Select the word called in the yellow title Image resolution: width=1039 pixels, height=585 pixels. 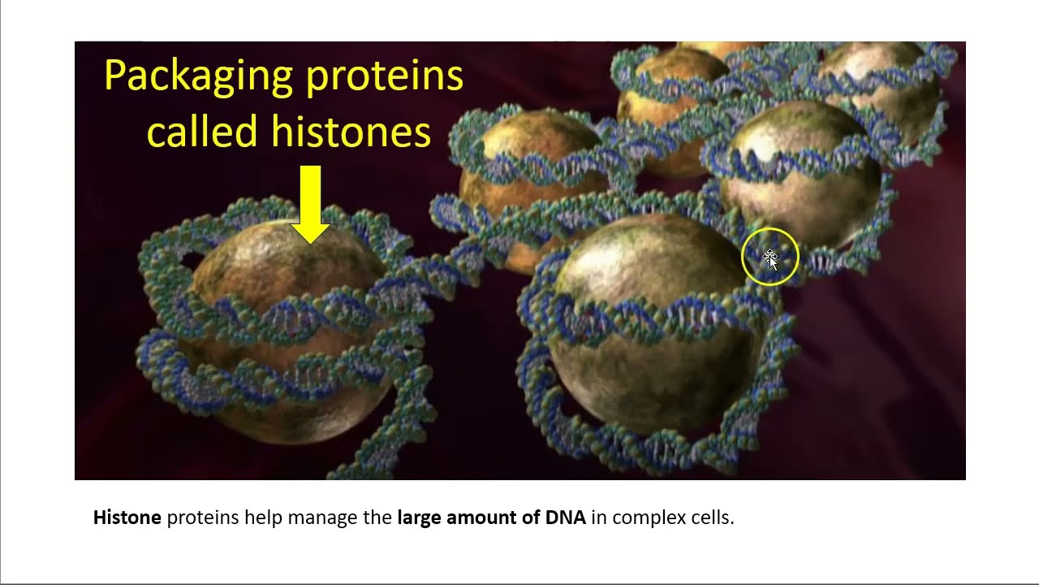pos(202,132)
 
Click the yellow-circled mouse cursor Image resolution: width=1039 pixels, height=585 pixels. pos(770,258)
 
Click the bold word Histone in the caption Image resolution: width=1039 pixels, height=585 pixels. pos(127,518)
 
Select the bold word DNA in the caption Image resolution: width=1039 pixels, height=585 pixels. pos(565,518)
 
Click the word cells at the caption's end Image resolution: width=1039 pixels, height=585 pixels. pos(714,518)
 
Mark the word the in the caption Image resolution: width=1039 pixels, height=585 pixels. pos(378,518)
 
